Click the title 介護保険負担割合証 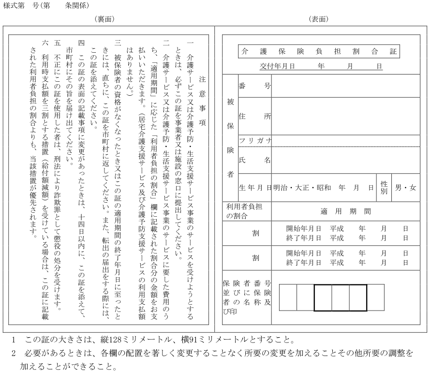319,51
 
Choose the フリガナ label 254,140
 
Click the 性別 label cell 384,187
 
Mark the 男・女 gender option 405,187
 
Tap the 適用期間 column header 345,211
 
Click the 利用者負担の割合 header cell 244,211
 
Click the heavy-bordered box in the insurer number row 341,297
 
